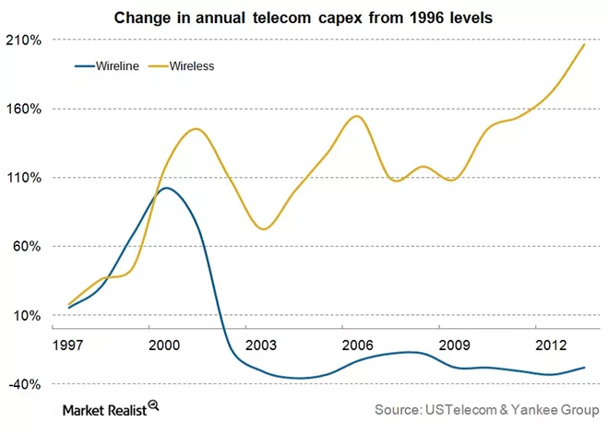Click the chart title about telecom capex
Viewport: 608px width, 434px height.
click(x=304, y=17)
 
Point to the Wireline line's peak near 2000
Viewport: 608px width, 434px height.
click(x=166, y=188)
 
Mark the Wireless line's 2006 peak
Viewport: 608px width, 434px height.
click(x=357, y=116)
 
